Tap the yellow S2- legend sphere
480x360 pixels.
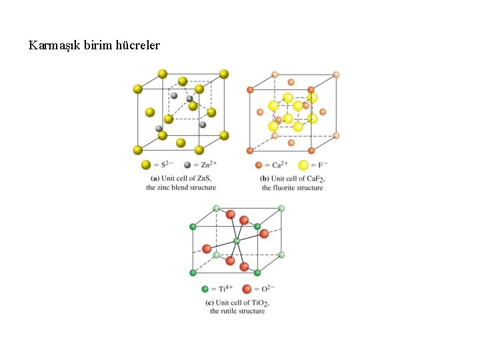[145, 165]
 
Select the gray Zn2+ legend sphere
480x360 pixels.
[187, 165]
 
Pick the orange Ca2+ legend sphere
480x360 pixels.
[259, 165]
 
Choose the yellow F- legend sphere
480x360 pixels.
[304, 165]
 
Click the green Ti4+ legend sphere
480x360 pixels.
[205, 289]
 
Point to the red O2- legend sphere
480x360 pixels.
[247, 289]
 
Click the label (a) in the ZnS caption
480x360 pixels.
[155, 178]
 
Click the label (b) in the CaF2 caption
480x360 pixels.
[265, 178]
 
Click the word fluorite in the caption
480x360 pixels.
[286, 188]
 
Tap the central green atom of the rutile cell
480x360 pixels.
[236, 240]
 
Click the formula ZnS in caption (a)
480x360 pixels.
[202, 178]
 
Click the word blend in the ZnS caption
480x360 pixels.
[182, 187]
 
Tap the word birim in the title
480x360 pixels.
[97, 45]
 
